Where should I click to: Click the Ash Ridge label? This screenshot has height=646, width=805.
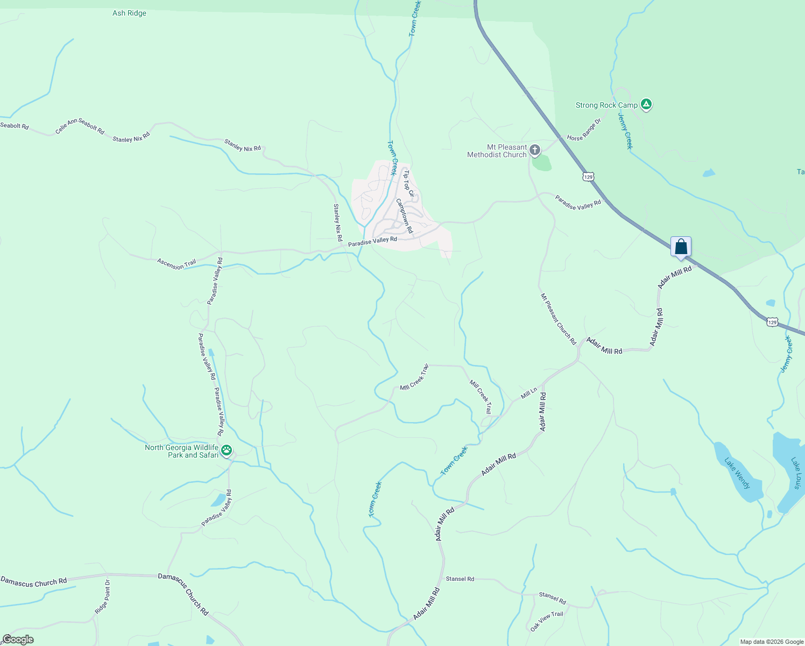point(129,13)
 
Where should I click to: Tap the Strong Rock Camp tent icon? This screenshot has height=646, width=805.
point(646,105)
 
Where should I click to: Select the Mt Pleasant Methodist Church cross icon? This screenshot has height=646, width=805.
point(534,150)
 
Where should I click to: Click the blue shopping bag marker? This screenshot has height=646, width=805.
point(681,247)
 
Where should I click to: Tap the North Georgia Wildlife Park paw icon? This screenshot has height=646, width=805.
point(227,450)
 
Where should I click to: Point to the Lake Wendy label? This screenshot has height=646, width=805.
point(737,473)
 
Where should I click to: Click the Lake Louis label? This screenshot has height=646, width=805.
point(797,473)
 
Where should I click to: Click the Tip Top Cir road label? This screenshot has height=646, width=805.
point(409,184)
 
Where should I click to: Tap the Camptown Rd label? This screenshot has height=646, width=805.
point(405,216)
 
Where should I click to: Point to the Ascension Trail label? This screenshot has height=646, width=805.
point(176,264)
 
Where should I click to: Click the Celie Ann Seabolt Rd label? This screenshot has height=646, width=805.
point(80,126)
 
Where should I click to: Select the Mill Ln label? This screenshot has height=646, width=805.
point(529,394)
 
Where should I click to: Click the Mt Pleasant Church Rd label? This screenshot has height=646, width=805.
point(558,319)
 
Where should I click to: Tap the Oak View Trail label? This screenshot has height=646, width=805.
point(547,621)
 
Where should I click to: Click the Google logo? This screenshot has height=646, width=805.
point(18,640)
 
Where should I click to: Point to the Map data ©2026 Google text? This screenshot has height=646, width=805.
point(771,642)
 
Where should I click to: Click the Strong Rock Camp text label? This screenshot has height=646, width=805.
point(606,105)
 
